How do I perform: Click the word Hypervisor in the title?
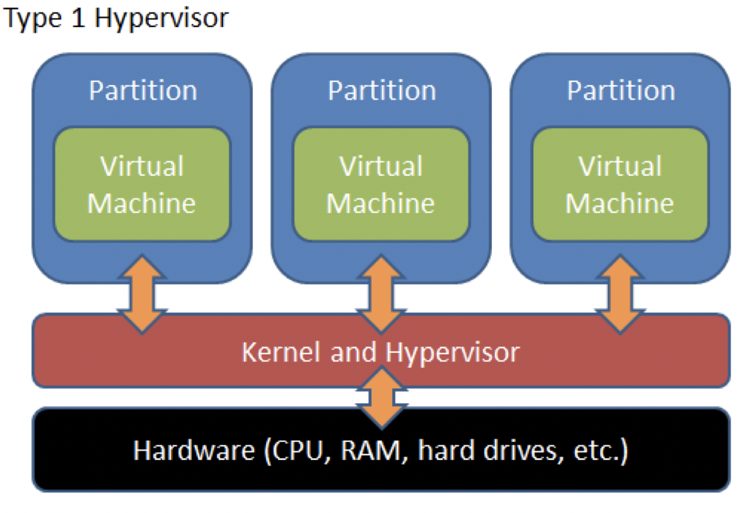click(x=161, y=18)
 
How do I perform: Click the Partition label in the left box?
click(x=142, y=91)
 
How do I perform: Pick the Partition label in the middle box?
click(x=381, y=91)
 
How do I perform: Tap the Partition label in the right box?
click(x=620, y=91)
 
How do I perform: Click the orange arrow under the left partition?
click(x=142, y=293)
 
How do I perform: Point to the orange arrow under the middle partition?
click(x=381, y=293)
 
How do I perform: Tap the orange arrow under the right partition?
click(x=620, y=293)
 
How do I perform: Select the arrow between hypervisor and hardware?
click(x=381, y=396)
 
